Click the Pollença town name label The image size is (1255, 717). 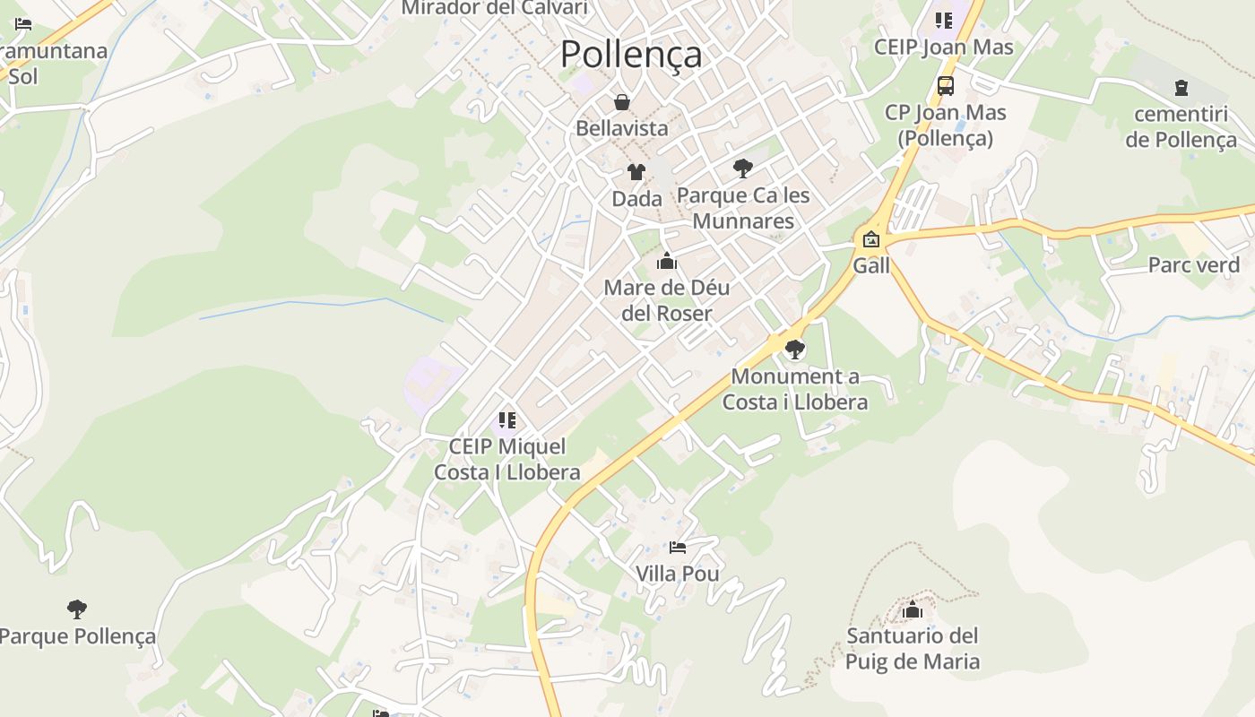click(x=631, y=55)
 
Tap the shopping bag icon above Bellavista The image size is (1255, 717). click(x=621, y=103)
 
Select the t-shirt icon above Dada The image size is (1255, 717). click(x=636, y=172)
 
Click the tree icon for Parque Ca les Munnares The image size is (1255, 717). click(x=742, y=168)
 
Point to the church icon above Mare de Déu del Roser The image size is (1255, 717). click(x=666, y=262)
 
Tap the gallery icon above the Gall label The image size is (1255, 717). click(x=870, y=239)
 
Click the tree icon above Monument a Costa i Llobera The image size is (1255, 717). click(x=794, y=350)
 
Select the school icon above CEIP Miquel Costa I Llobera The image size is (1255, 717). click(x=507, y=419)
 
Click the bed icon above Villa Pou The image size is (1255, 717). click(x=678, y=547)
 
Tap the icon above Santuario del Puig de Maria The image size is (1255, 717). click(x=913, y=610)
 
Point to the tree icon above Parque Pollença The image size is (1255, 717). click(x=77, y=609)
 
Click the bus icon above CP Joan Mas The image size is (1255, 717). click(x=945, y=86)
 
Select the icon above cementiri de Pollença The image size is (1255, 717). click(x=1181, y=88)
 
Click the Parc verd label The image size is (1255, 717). click(x=1193, y=265)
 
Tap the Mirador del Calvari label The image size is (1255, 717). click(x=495, y=8)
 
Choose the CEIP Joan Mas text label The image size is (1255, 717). click(x=943, y=48)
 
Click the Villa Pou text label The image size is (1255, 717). click(x=678, y=574)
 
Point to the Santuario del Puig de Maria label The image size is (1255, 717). click(x=913, y=649)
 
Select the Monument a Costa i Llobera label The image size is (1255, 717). click(x=795, y=389)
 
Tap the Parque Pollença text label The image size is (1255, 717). click(x=77, y=637)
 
